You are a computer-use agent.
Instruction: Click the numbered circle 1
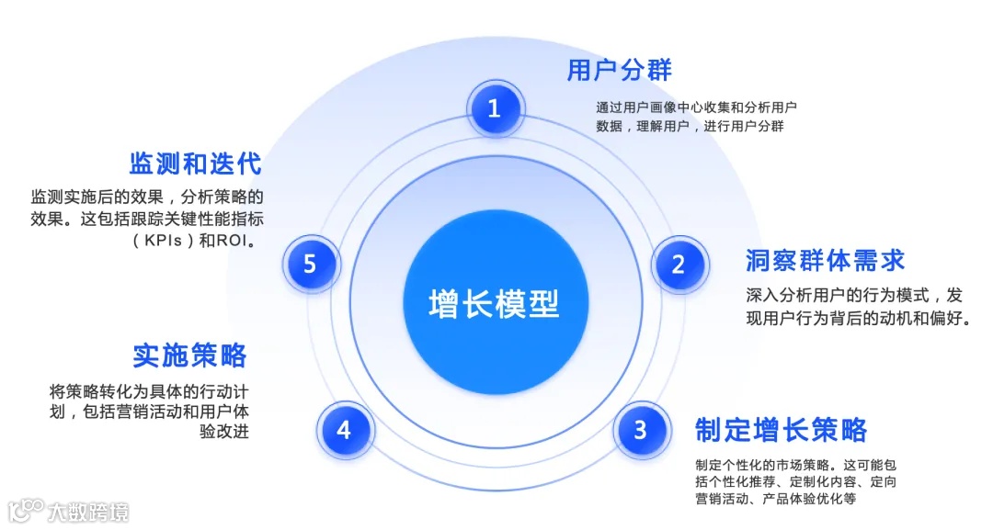(x=495, y=108)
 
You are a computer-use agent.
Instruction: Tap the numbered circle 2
(x=679, y=265)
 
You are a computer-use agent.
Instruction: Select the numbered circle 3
(x=640, y=429)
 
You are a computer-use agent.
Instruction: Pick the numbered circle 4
(x=344, y=429)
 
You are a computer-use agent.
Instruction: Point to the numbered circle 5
(x=310, y=265)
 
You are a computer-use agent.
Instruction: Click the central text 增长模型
(x=494, y=303)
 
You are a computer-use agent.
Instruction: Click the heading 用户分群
(x=619, y=70)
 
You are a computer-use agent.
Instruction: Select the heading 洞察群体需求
(x=825, y=260)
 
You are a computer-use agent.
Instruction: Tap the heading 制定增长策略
(x=782, y=429)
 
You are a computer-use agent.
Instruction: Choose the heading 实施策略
(x=189, y=355)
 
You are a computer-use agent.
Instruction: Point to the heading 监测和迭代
(x=195, y=164)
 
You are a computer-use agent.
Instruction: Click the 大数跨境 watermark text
(x=89, y=511)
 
